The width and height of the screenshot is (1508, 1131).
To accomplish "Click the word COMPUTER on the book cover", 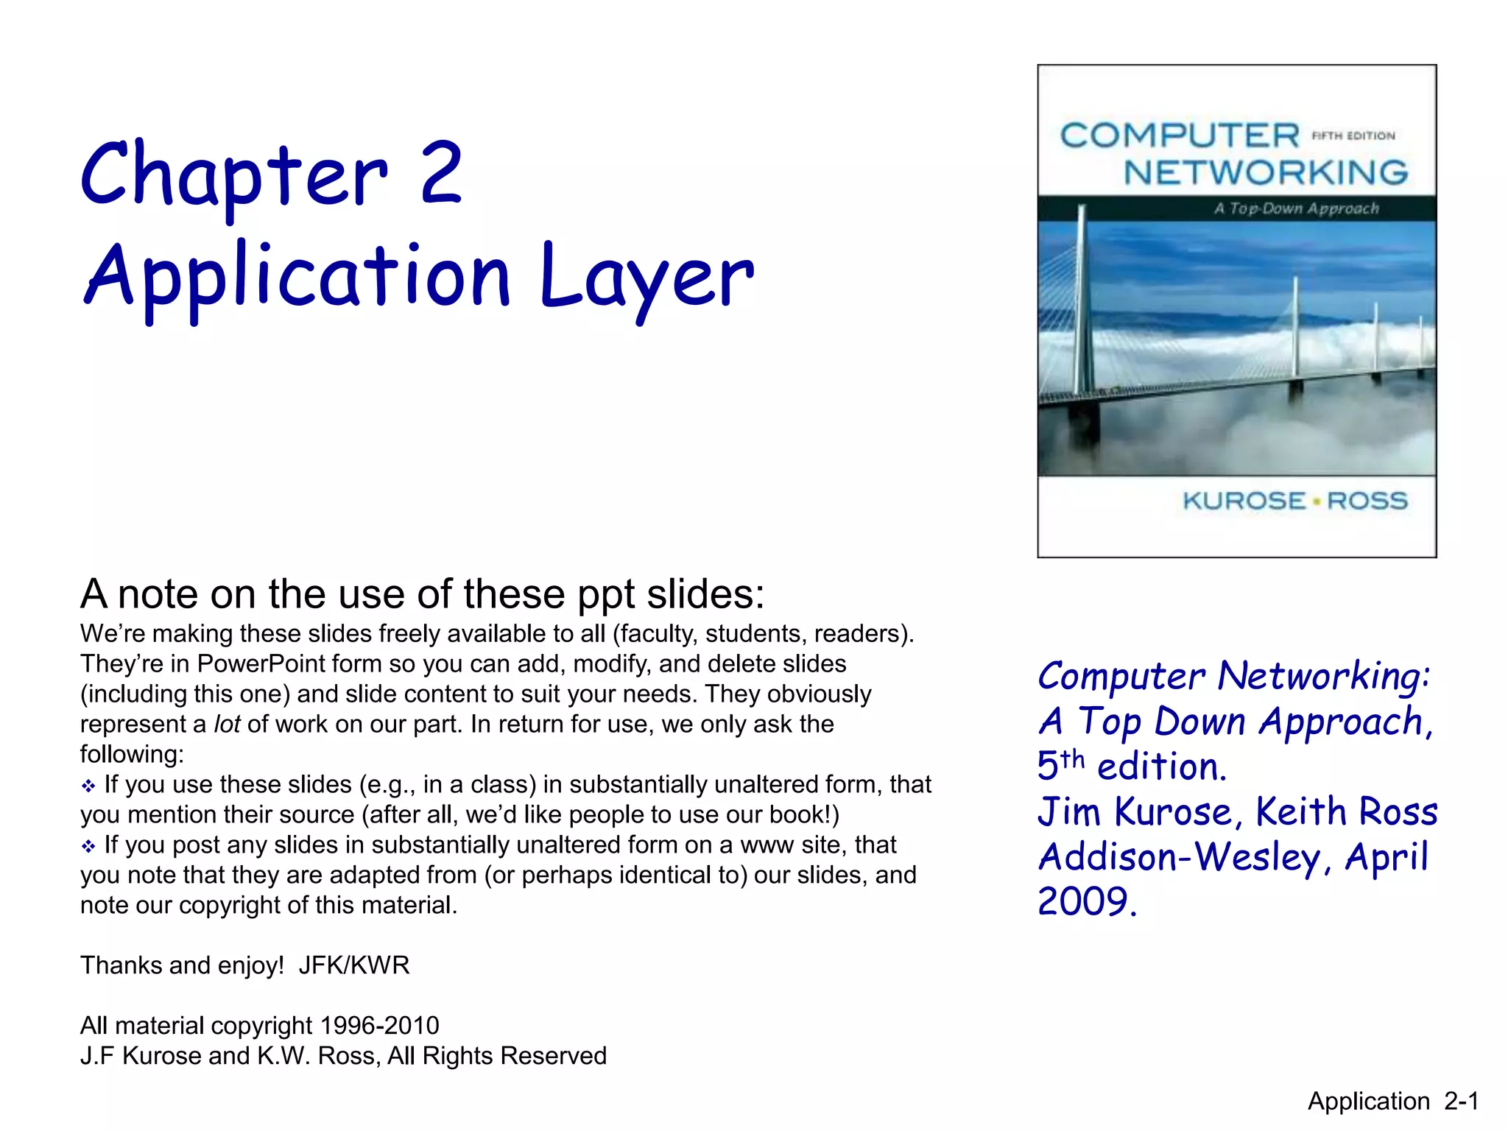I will coord(1180,135).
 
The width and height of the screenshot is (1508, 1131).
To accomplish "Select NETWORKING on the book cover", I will coord(1266,173).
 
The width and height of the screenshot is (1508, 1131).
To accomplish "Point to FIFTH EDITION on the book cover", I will coord(1353,135).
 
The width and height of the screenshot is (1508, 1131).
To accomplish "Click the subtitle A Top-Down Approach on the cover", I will coord(1296,208).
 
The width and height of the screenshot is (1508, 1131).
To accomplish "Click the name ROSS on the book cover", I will coord(1367,501).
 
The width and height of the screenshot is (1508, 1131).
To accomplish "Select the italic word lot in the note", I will coord(227,725).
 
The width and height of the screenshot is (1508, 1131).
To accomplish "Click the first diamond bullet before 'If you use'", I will coord(88,786).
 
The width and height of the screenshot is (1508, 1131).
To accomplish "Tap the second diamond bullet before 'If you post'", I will coord(88,847).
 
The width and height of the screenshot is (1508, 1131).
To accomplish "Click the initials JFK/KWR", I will coord(353,965).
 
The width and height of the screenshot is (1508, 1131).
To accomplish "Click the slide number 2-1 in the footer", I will coord(1461,1101).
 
